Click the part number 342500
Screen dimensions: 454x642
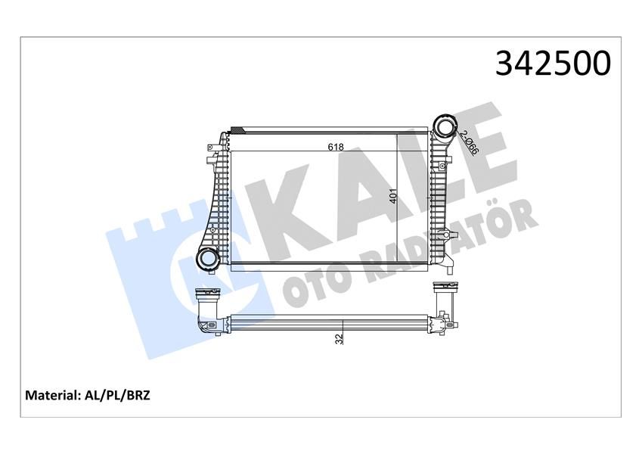coord(553,64)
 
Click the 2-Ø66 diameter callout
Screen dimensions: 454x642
coord(468,142)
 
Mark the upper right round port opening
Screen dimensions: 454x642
coord(445,125)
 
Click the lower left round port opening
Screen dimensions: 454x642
coord(206,259)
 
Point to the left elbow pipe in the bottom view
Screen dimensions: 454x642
coord(206,315)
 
